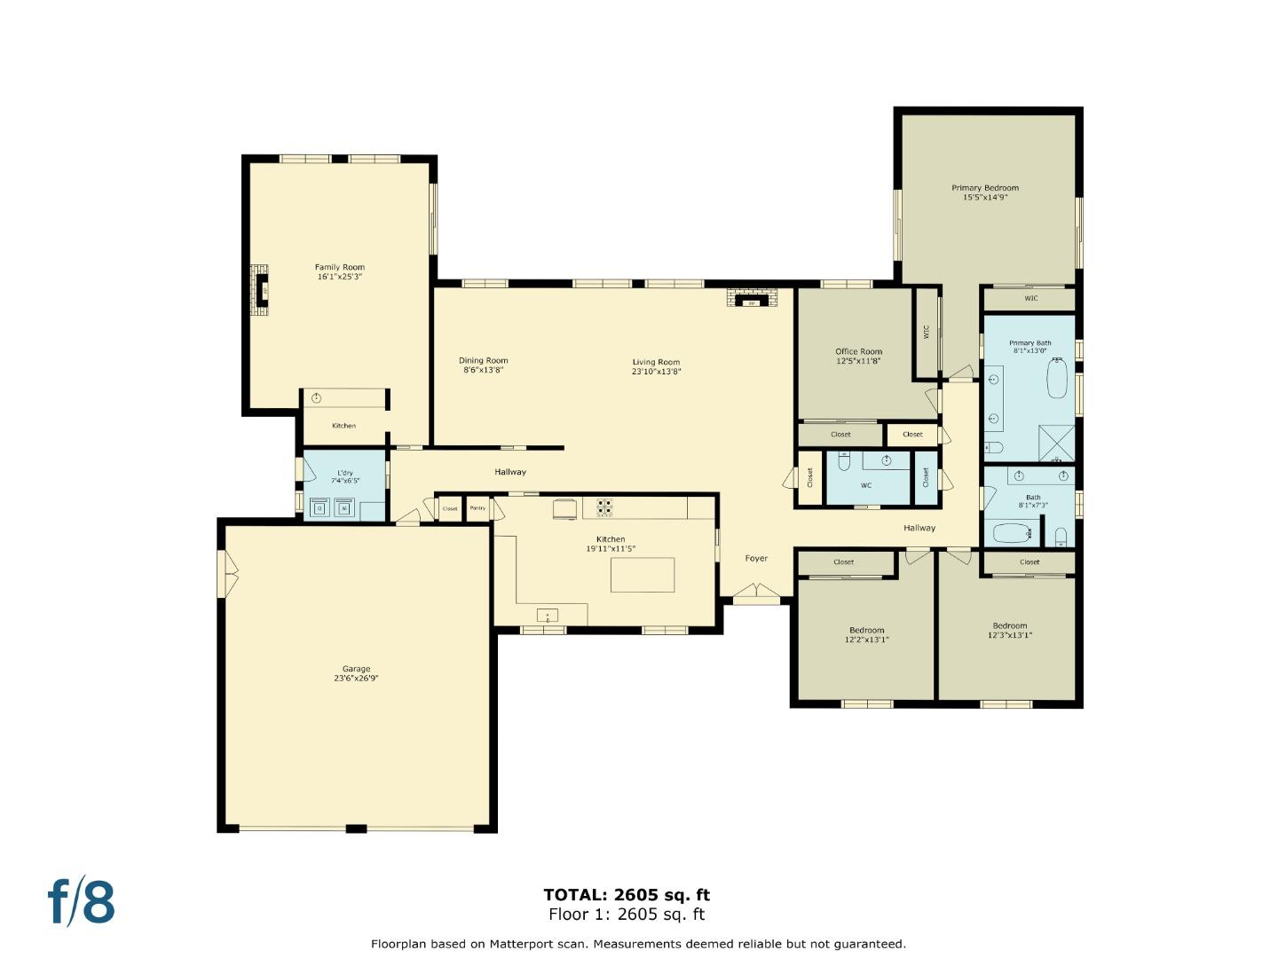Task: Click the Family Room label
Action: [x=340, y=267]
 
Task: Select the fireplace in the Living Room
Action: [x=752, y=299]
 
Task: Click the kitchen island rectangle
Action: [x=643, y=575]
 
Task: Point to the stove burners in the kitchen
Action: [x=604, y=507]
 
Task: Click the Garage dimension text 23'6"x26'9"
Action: [x=357, y=679]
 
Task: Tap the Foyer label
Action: [x=756, y=558]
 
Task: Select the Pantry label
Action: [x=477, y=508]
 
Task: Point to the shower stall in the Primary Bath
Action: [x=1057, y=444]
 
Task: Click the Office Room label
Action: [x=858, y=351]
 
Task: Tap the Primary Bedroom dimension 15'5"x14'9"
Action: [x=985, y=198]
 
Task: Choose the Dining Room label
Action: [x=484, y=360]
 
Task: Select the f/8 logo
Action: [x=82, y=902]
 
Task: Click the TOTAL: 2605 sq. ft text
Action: [x=627, y=895]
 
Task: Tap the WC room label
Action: [x=866, y=485]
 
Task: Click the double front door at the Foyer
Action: [x=756, y=592]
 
